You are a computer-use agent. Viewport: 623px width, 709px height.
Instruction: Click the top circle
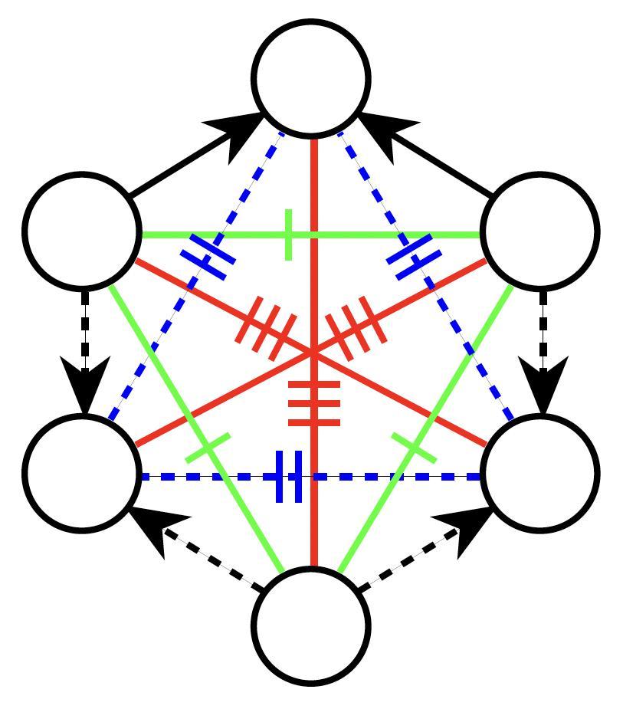(312, 78)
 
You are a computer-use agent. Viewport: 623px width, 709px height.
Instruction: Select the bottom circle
(312, 625)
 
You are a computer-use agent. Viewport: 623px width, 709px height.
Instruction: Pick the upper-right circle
(541, 230)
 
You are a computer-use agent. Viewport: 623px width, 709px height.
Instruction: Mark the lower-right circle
(541, 472)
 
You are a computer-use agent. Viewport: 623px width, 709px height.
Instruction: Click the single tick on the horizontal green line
(288, 234)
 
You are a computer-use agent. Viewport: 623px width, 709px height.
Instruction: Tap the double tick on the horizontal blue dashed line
(289, 477)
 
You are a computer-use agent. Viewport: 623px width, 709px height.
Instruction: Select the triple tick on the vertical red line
(313, 402)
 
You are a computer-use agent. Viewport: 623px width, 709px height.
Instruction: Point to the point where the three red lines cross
(313, 353)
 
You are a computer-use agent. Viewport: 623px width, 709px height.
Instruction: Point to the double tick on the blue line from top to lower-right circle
(414, 256)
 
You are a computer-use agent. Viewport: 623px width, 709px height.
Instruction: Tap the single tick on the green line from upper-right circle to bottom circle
(414, 448)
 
